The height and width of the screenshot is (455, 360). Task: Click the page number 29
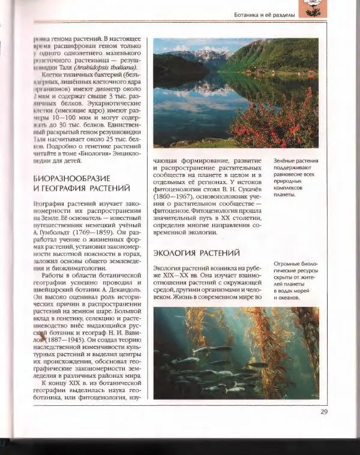point(323,411)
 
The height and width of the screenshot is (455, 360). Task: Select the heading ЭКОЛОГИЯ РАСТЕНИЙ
point(196,252)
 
